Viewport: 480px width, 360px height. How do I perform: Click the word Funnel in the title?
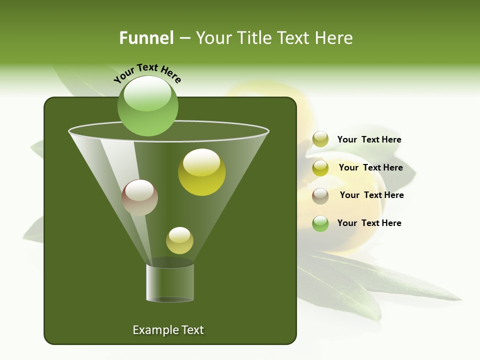(146, 38)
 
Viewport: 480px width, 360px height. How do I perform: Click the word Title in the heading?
(253, 38)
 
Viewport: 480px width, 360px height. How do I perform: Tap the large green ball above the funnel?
(148, 105)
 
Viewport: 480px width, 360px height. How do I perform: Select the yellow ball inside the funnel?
(202, 172)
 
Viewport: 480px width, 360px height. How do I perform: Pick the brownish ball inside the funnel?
(140, 197)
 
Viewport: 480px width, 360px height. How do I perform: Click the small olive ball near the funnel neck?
(179, 240)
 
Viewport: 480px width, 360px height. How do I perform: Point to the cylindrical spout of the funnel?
(170, 282)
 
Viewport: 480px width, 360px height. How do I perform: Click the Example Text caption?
(168, 330)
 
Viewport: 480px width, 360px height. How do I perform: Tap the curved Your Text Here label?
(147, 73)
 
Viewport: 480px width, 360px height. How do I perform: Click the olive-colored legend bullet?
(320, 139)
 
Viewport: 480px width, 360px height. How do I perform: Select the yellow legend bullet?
(320, 167)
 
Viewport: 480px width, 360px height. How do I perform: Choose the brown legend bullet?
(320, 195)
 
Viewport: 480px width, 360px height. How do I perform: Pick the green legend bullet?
(320, 223)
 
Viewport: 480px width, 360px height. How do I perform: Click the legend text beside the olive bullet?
(369, 139)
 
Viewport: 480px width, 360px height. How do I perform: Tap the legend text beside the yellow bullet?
(370, 167)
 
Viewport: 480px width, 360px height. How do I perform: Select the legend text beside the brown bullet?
(371, 195)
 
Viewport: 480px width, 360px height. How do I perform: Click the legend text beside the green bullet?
(369, 223)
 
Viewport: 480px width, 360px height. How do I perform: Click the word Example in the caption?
(154, 330)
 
